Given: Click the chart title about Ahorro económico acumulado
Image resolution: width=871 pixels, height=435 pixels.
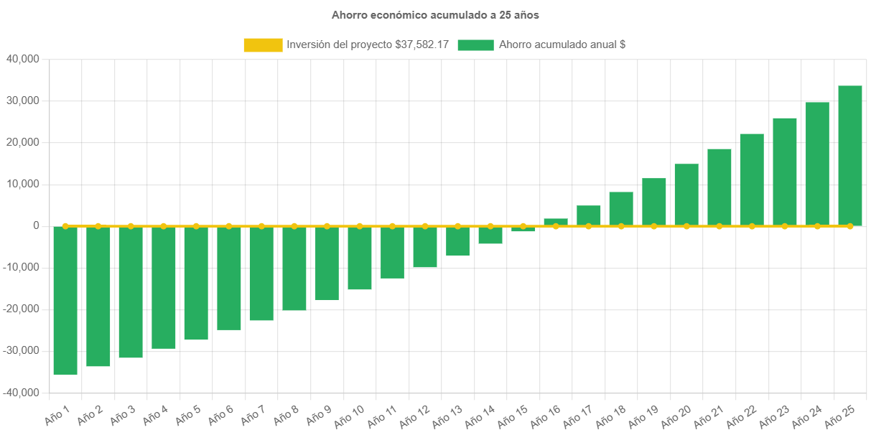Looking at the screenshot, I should pyautogui.click(x=435, y=14).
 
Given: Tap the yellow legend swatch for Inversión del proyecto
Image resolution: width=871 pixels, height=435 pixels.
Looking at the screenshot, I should pyautogui.click(x=263, y=45).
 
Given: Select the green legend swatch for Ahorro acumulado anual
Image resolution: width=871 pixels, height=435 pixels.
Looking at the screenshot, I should pyautogui.click(x=475, y=45).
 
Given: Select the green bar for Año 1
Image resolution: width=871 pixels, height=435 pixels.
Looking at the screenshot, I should pyautogui.click(x=65, y=300).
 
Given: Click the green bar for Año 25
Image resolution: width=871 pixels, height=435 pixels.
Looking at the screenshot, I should pyautogui.click(x=850, y=156).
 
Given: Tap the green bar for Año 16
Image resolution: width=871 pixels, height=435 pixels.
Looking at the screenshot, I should pyautogui.click(x=556, y=222).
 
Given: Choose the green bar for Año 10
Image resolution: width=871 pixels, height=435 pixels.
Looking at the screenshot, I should pyautogui.click(x=360, y=258).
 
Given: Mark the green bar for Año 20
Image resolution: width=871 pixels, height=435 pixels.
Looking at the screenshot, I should pyautogui.click(x=686, y=195).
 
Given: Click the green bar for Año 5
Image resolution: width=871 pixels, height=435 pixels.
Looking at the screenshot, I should pyautogui.click(x=196, y=284).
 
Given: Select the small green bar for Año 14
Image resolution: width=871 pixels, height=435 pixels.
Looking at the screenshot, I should pyautogui.click(x=490, y=235).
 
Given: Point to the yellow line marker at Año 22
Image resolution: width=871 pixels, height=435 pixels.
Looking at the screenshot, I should pyautogui.click(x=752, y=226).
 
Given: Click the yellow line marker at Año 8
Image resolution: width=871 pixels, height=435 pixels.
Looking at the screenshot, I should pyautogui.click(x=294, y=226).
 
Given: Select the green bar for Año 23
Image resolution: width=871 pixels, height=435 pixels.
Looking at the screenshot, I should pyautogui.click(x=785, y=172).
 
